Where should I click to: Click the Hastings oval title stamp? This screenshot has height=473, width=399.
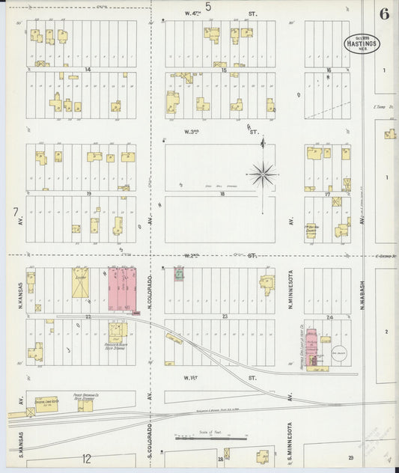pos(362,43)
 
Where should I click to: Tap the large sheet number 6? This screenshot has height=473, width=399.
pos(383,14)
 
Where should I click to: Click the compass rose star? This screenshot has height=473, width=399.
pos(264,176)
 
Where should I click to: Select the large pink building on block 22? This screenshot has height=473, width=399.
pos(122,289)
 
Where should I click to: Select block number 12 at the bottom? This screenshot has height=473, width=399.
pos(87,457)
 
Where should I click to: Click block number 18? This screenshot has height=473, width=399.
pos(222,193)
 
